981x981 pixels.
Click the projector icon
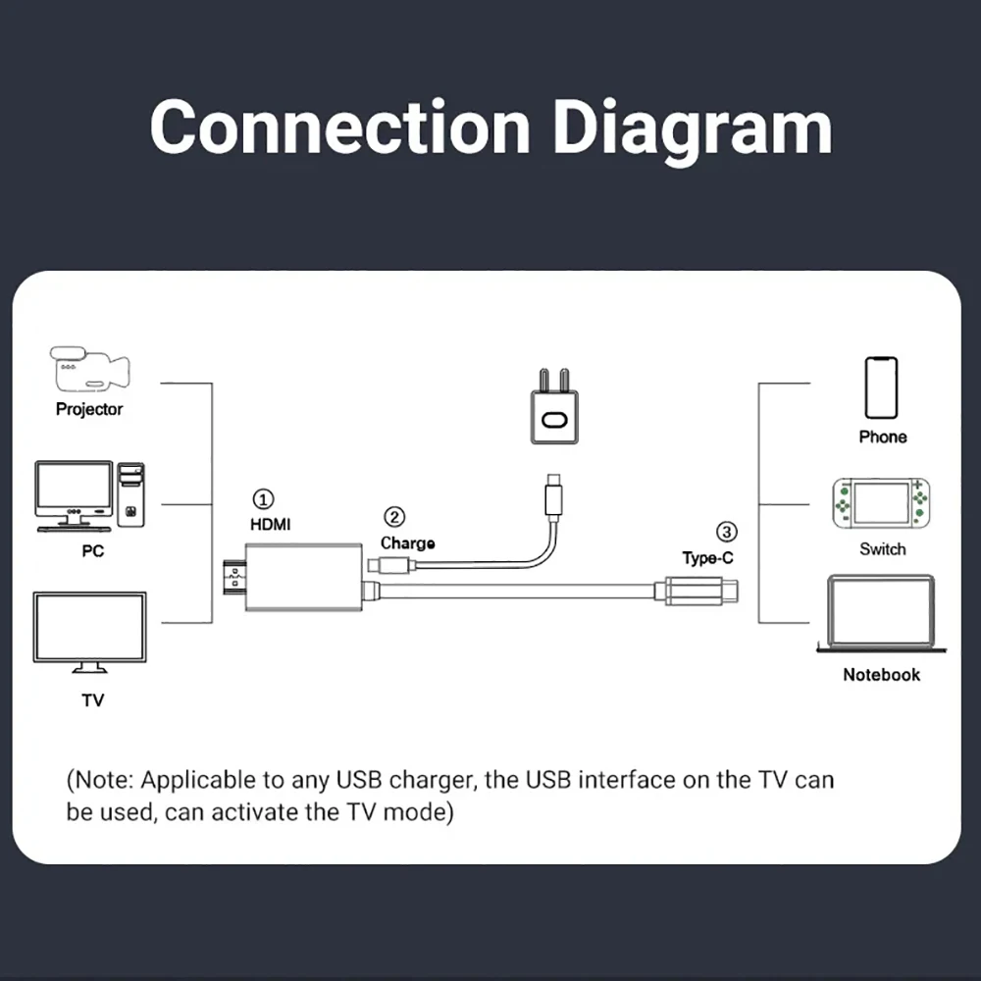click(89, 369)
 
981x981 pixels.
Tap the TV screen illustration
click(89, 632)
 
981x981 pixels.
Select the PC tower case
click(130, 494)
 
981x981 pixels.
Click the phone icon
click(881, 387)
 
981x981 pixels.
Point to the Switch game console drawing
click(881, 503)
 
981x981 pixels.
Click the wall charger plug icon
click(554, 407)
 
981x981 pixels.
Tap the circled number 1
click(263, 499)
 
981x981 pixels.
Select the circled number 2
click(394, 517)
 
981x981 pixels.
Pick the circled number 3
click(726, 532)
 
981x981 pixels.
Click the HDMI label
click(271, 524)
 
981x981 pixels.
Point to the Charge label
click(407, 543)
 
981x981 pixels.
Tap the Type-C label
click(707, 558)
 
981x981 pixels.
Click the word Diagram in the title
click(693, 128)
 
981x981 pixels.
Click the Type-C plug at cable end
click(697, 591)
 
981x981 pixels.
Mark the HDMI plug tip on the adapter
click(234, 578)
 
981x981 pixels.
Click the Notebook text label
click(881, 675)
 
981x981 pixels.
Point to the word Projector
click(89, 409)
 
